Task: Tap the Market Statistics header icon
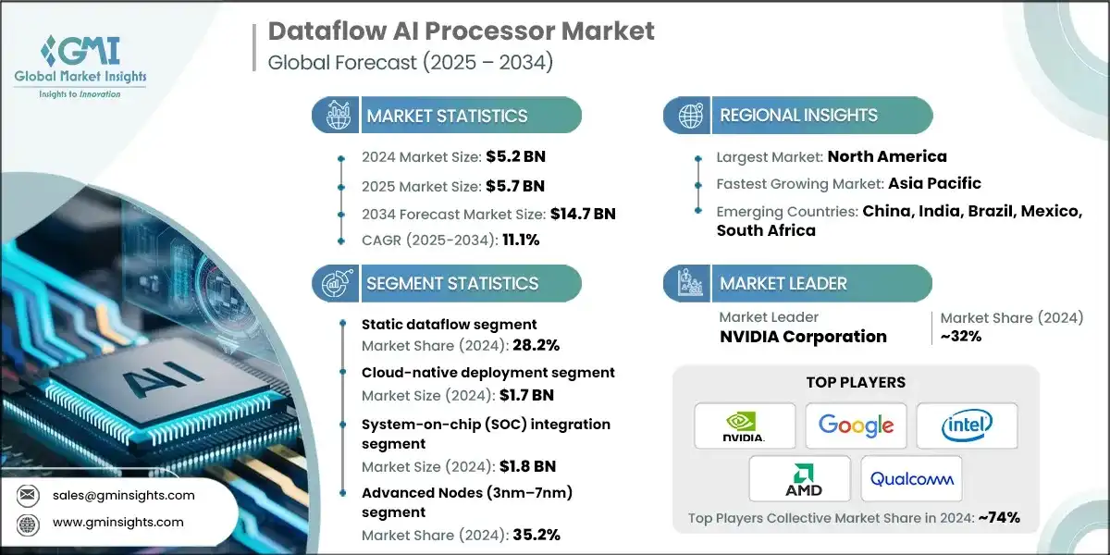335,116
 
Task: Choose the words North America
887,156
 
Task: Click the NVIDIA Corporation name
803,337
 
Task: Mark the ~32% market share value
959,337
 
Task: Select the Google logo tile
856,425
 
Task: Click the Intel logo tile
967,425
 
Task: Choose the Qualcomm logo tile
911,479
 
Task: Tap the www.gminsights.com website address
118,523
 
